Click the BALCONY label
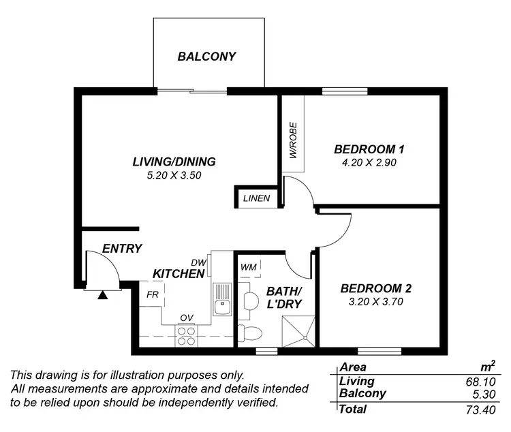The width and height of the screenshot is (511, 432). (x=206, y=57)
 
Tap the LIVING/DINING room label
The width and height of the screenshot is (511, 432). (x=174, y=162)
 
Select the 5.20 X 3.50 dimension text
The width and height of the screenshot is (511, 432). (x=174, y=175)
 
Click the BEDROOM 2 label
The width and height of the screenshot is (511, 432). (x=376, y=288)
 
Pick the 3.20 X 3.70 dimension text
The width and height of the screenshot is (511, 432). (x=376, y=301)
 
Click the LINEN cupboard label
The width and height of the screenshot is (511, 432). (x=257, y=199)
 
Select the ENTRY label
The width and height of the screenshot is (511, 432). (x=122, y=249)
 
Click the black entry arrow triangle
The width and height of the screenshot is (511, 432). (x=103, y=295)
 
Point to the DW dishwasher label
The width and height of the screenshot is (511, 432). (x=198, y=262)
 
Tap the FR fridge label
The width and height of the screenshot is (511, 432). (x=153, y=295)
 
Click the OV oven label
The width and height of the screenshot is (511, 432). (x=186, y=318)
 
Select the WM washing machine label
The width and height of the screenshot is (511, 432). (x=249, y=267)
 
